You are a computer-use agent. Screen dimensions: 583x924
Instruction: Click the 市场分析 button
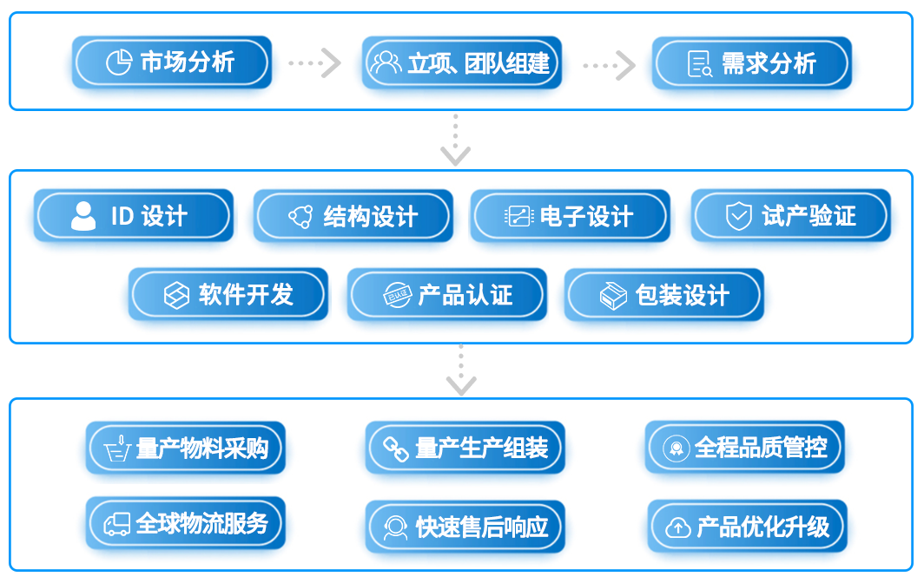[171, 62]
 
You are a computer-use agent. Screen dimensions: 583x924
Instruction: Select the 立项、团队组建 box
[461, 63]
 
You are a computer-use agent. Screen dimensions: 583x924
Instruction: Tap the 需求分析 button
[751, 63]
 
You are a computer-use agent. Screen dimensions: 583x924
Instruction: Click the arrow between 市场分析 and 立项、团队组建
[315, 63]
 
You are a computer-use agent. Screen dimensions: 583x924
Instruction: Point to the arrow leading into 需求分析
[609, 64]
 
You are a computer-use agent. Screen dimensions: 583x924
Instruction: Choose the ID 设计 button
[133, 216]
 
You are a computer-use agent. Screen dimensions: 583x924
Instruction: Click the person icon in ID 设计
[83, 216]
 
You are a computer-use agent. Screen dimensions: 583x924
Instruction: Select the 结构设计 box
[353, 216]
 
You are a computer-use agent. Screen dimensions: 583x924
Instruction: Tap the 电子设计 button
[570, 216]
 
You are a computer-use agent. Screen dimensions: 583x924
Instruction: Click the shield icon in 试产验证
[738, 216]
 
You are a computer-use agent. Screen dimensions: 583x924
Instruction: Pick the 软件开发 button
[228, 295]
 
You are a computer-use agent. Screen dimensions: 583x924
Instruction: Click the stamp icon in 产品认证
[397, 296]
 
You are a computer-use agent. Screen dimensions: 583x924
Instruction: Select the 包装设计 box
[663, 296]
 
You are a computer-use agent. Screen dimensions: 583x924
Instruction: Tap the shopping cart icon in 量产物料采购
[117, 449]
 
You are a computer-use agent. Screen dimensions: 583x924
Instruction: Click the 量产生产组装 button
[465, 449]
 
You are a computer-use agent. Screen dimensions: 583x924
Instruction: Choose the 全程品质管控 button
[744, 448]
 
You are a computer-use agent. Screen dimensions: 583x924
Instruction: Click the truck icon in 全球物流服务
[116, 524]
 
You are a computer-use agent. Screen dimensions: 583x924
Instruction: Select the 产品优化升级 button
[747, 527]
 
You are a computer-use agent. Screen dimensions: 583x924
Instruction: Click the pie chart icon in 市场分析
[118, 62]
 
